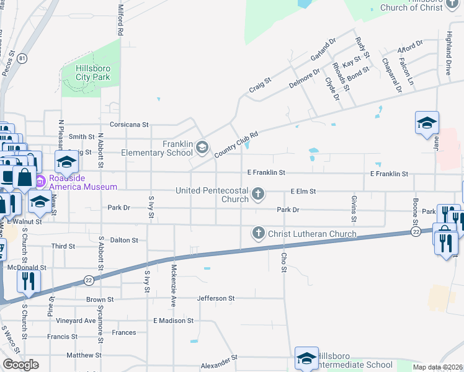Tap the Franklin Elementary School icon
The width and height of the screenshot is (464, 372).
point(202,148)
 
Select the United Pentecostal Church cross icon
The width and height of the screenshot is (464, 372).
point(258,195)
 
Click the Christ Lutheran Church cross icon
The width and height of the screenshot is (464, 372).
point(258,234)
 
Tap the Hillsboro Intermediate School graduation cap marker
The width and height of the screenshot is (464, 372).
point(306,359)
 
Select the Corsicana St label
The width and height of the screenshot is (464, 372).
point(129,124)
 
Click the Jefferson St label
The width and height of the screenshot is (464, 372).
point(215,298)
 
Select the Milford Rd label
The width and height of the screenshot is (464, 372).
point(120,20)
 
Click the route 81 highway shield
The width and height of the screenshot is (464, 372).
point(23,58)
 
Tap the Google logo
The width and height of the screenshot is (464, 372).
point(20,365)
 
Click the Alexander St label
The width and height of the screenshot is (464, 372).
point(219,360)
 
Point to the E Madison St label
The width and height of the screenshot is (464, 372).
point(174,321)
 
